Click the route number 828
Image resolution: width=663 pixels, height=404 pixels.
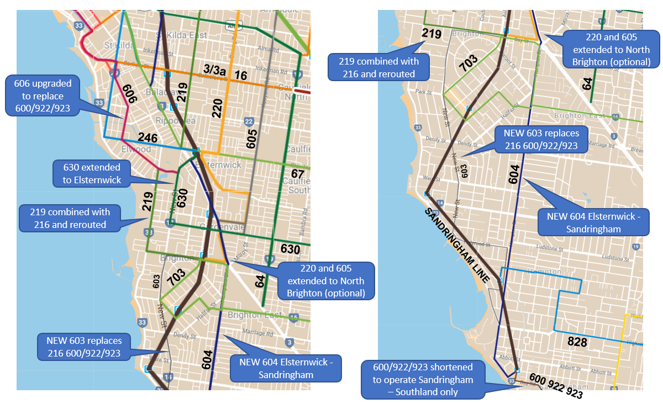pyautogui.click(x=577, y=342)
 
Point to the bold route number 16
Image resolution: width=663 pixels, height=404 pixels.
pyautogui.click(x=241, y=75)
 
